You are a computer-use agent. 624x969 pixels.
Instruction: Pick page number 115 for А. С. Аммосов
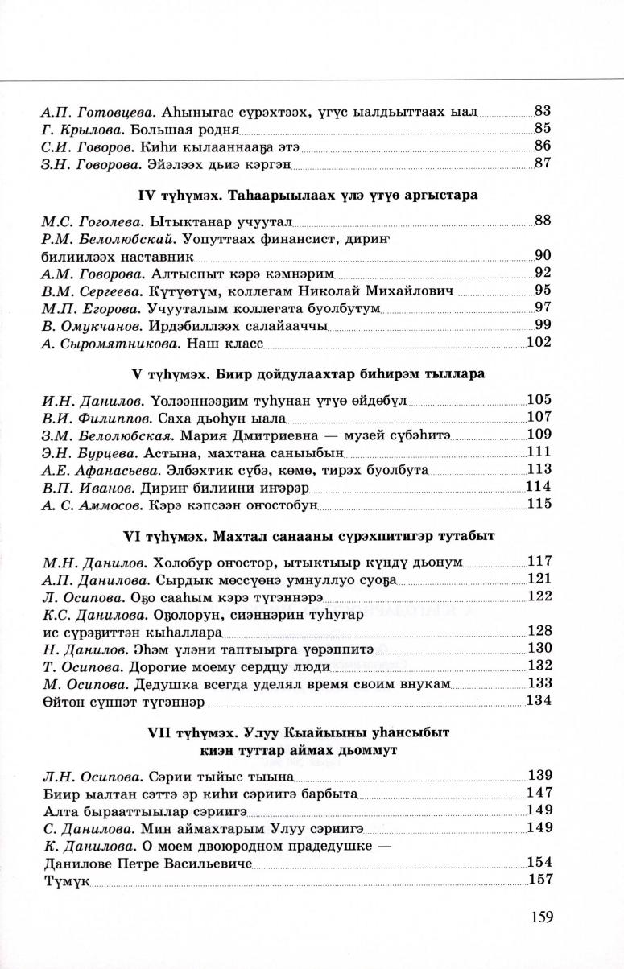(538, 504)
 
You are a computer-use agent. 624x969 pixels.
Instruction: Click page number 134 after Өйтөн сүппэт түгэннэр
(538, 700)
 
